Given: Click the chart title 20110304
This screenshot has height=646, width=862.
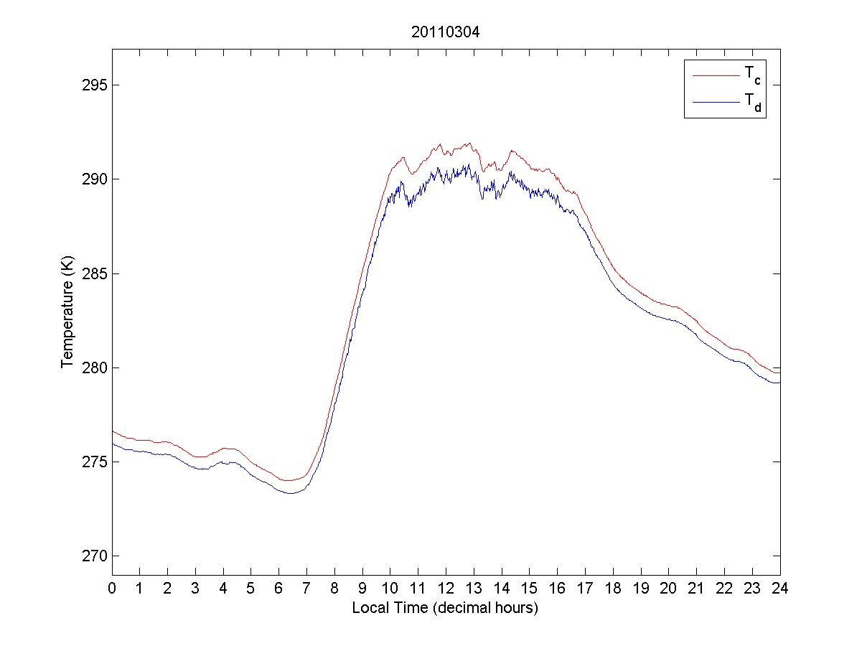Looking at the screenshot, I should click(445, 32).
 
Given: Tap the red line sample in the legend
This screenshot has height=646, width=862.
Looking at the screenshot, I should click(715, 74).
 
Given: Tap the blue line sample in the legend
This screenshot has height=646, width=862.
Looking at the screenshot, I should click(715, 103).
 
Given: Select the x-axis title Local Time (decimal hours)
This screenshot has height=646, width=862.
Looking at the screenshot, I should click(445, 608).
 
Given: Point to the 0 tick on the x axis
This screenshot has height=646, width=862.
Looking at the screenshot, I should click(112, 589).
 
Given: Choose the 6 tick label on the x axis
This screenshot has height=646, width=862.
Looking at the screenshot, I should click(279, 589).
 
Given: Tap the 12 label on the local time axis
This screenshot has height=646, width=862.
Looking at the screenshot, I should click(446, 589).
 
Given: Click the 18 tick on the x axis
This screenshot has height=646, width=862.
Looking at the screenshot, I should click(613, 589).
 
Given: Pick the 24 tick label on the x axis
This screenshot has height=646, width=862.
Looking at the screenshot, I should click(780, 589).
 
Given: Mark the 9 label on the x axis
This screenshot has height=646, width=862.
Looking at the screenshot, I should click(362, 589).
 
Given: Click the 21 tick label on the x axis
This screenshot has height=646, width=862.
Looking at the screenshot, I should click(696, 589).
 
